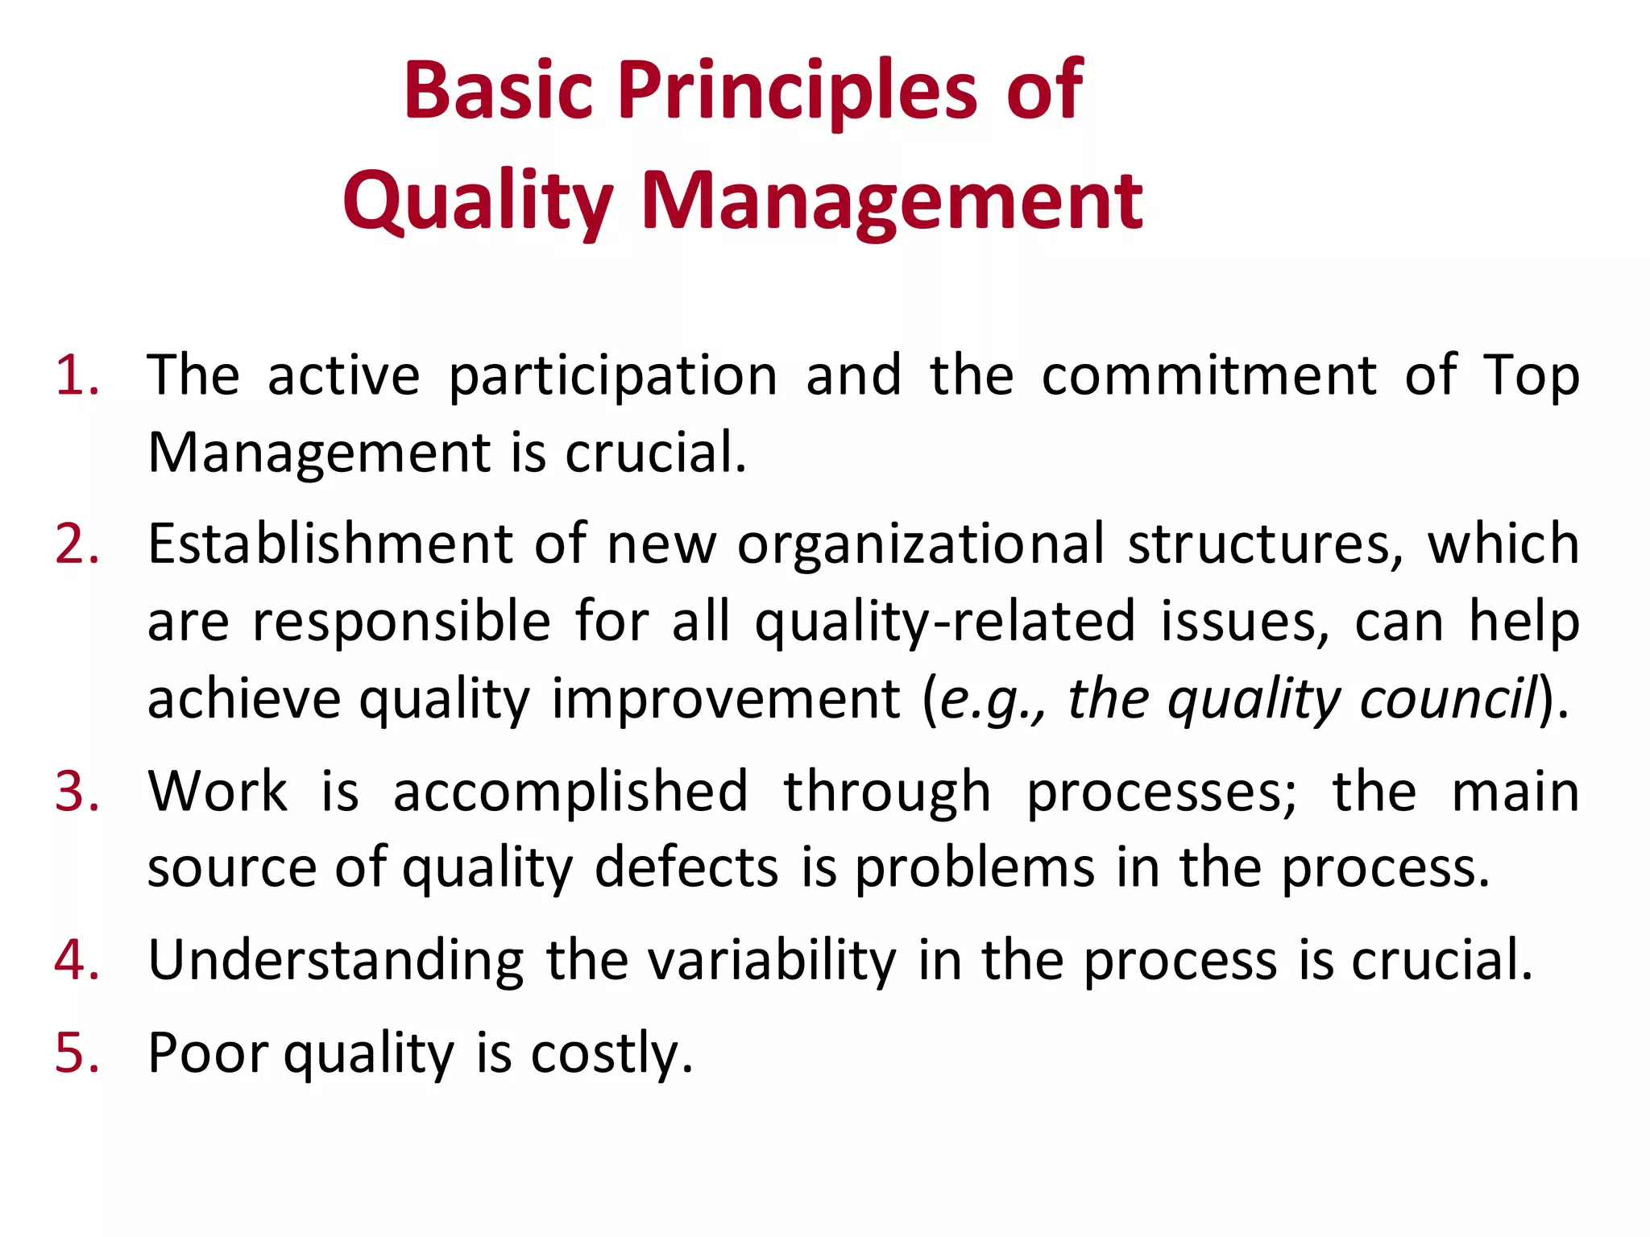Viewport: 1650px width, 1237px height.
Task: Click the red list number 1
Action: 77,375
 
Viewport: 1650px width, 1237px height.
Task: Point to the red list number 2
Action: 77,544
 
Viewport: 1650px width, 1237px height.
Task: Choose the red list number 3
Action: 77,791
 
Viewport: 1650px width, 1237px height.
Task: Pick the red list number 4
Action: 77,960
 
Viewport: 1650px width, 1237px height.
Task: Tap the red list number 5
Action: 77,1053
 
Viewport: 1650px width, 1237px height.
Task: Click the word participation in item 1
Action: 612,377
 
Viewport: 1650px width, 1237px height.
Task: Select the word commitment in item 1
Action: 1208,375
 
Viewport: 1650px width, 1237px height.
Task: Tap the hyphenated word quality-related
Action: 944,623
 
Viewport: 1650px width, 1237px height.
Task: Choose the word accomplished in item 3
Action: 570,791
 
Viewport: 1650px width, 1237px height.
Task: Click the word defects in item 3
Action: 686,867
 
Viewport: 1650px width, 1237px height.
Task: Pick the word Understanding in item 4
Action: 336,961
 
